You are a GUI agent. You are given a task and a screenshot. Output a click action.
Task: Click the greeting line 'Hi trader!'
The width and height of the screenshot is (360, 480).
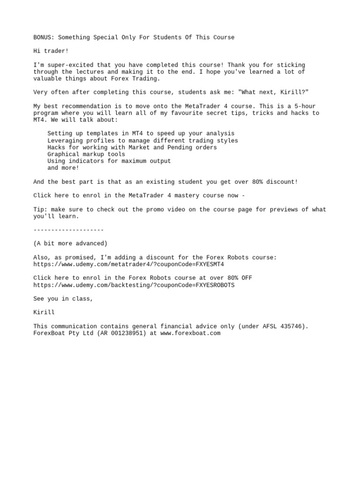[51, 51]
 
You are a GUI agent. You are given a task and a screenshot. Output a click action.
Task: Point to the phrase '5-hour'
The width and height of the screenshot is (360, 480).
[305, 106]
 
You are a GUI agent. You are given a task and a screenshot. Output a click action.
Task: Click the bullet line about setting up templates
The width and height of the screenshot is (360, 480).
[141, 134]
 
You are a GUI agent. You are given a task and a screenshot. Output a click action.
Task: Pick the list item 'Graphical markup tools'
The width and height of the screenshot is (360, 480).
[86, 154]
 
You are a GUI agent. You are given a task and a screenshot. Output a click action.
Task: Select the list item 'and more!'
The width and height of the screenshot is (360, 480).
[63, 168]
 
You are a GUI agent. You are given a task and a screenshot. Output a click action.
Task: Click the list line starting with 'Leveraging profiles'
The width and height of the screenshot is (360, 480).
[142, 141]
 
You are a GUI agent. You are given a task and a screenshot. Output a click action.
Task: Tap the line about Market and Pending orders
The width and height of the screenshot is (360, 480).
[132, 147]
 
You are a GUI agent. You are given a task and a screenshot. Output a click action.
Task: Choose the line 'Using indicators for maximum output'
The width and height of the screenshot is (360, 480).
[109, 161]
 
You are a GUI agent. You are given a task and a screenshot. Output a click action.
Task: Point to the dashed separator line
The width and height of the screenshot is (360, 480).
[68, 230]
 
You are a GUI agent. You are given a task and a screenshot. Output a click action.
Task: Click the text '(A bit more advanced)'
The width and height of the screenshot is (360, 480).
[70, 243]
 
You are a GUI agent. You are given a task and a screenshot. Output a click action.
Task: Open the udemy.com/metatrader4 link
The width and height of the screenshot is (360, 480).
[128, 264]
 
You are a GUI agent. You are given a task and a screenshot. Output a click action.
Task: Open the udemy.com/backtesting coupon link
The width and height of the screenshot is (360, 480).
[134, 285]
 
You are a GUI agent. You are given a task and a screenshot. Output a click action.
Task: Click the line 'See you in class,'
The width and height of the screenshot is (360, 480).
[63, 299]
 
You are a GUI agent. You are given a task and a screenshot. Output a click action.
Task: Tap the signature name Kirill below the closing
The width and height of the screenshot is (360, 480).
[44, 312]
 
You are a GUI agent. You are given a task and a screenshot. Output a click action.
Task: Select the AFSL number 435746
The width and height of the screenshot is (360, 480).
[292, 326]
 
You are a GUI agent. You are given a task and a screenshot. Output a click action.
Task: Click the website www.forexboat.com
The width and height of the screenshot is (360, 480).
[190, 333]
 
